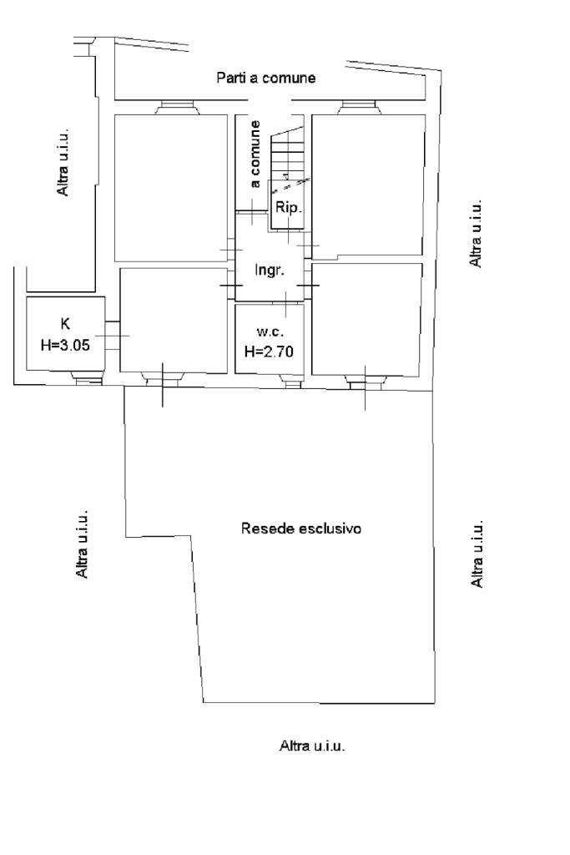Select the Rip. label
tap(286, 208)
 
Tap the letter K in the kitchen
tap(65, 322)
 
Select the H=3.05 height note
tap(64, 342)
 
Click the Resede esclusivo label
tap(301, 529)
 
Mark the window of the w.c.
tap(290, 382)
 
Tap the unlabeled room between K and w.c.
tap(173, 319)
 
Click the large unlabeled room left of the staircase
tap(170, 187)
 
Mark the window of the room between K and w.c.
tap(161, 380)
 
